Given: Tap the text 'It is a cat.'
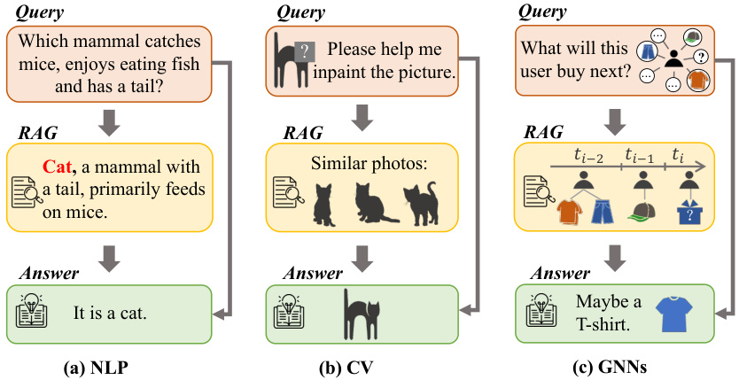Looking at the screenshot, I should pos(114,312).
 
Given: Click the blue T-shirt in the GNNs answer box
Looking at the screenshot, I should pos(672,314).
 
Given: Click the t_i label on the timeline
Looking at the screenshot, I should pos(680,153).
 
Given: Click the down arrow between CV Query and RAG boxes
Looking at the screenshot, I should pos(362,115).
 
